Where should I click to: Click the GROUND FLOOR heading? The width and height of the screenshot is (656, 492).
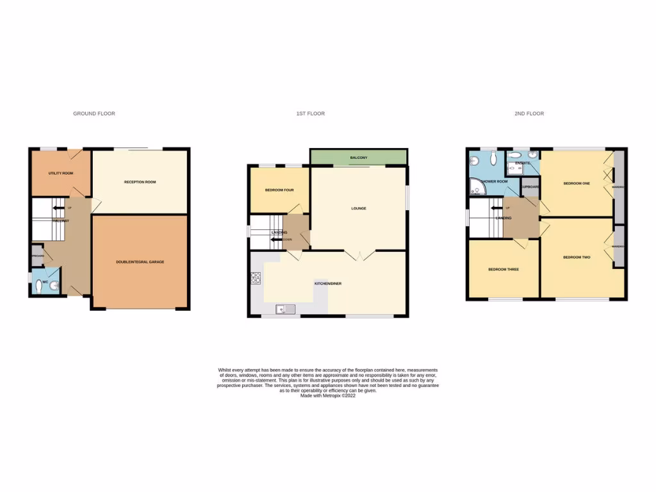pos(94,113)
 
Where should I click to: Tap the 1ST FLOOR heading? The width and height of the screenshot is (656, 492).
pos(310,113)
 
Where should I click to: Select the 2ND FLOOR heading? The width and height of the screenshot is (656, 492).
pos(529,113)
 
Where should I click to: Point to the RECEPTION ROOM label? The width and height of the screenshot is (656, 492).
pos(140,182)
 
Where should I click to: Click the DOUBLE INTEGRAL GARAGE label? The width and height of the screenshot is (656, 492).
pos(140,262)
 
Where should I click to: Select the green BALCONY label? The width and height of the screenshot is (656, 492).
pos(358,158)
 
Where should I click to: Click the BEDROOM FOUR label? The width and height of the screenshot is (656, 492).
pos(278,190)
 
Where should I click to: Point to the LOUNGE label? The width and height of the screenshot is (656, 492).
pos(358,208)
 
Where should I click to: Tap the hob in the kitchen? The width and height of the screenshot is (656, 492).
pos(256,278)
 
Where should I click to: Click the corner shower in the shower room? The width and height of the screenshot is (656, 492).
pos(476,187)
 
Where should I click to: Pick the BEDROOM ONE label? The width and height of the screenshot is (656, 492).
pos(577,183)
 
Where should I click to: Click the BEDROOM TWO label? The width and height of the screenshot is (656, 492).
pos(577,258)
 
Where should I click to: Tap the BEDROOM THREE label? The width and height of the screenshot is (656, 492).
pos(504,270)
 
